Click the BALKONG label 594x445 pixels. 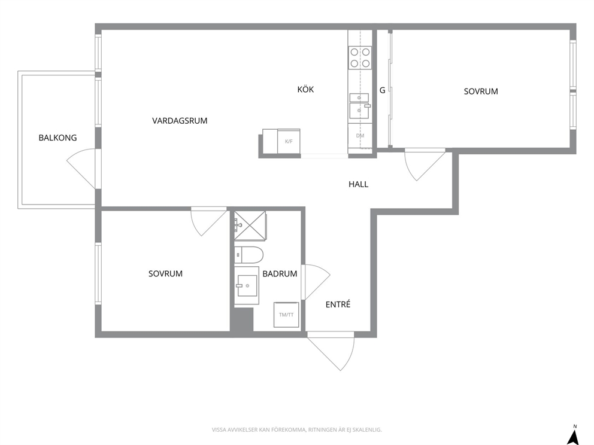pyautogui.click(x=57, y=138)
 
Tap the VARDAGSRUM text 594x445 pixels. pyautogui.click(x=180, y=121)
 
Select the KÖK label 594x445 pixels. pyautogui.click(x=305, y=89)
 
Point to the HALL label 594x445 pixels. pyautogui.click(x=358, y=184)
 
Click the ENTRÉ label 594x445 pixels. pyautogui.click(x=338, y=304)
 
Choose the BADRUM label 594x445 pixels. pyautogui.click(x=280, y=273)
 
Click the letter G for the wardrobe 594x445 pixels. pyautogui.click(x=382, y=90)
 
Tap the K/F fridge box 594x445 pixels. pyautogui.click(x=289, y=141)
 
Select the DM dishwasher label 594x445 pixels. pyautogui.click(x=360, y=135)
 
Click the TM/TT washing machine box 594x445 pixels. pyautogui.click(x=286, y=315)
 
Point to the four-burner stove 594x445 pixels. pyautogui.click(x=360, y=57)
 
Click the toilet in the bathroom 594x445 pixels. pyautogui.click(x=248, y=255)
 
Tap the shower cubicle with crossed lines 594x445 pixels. pyautogui.click(x=250, y=225)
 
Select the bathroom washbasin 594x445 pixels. pyautogui.click(x=247, y=285)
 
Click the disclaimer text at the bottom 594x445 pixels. pyautogui.click(x=296, y=430)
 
